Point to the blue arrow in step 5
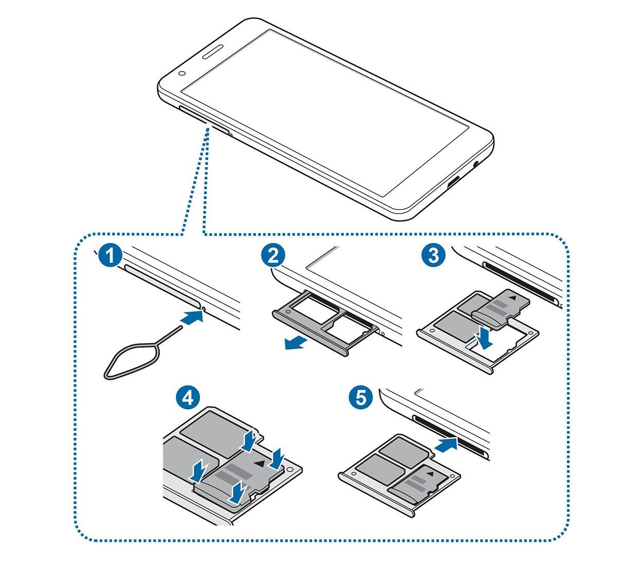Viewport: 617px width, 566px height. click(x=445, y=444)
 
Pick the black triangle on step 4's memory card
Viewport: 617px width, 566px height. click(x=262, y=463)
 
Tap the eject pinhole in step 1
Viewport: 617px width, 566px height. click(x=205, y=309)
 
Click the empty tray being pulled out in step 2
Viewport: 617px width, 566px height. click(x=324, y=322)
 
